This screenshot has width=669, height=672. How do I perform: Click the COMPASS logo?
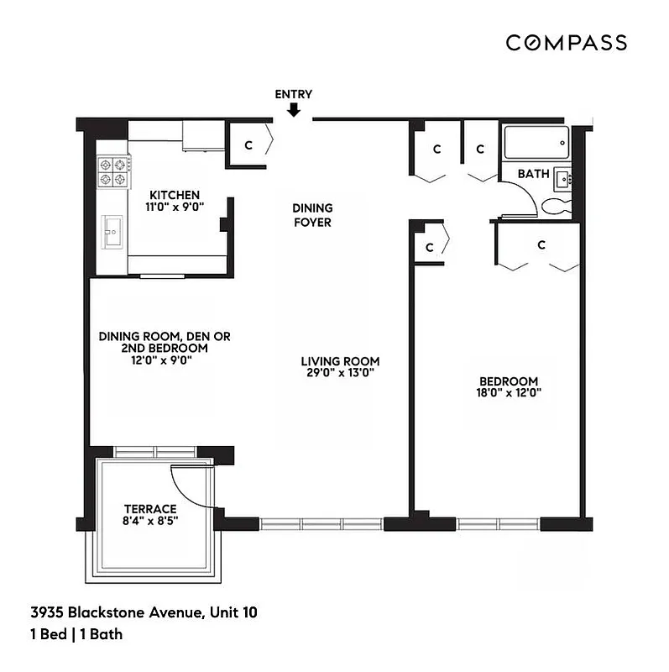pos(566,43)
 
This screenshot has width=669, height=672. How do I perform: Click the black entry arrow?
pos(294,110)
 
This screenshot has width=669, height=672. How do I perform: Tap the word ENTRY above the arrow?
pos(294,94)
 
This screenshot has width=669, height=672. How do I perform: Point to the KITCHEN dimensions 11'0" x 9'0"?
pos(175,205)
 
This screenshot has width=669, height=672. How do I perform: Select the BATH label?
pos(533,174)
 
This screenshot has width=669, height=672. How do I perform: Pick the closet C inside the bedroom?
pos(541,244)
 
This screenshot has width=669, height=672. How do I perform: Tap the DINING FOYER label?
pos(312,215)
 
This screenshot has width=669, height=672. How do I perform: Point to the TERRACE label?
pos(150,509)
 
